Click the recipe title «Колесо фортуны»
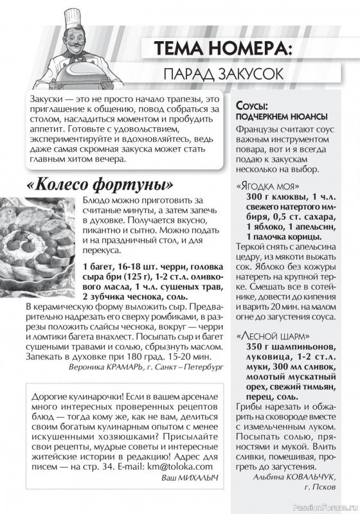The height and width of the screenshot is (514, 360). point(101,184)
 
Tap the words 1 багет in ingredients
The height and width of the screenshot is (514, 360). point(97,266)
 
